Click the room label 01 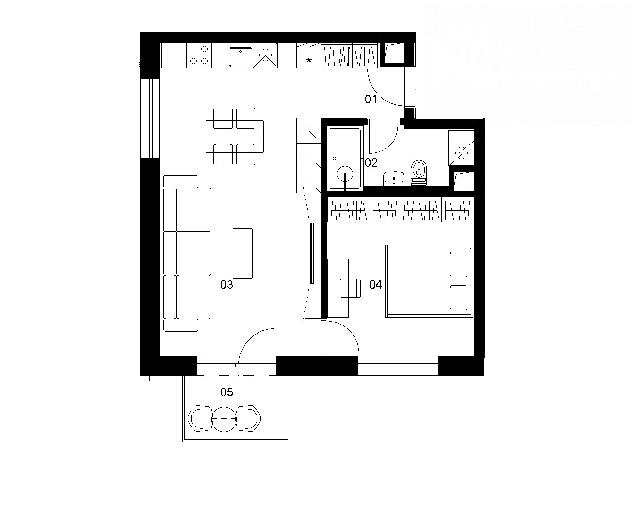tap(371, 99)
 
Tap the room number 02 tap(371, 163)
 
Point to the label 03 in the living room tap(227, 285)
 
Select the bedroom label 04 tap(375, 285)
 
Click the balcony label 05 tap(227, 392)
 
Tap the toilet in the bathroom tap(419, 173)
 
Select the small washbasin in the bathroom tap(394, 179)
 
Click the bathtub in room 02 tap(345, 158)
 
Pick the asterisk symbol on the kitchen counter tap(309, 61)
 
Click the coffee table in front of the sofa tap(242, 253)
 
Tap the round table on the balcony tap(224, 419)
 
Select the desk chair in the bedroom tap(351, 288)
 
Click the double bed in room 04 tap(429, 281)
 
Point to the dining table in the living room tap(234, 137)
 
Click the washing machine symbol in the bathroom tap(461, 153)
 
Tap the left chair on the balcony tap(200, 418)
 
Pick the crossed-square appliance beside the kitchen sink tap(265, 55)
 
